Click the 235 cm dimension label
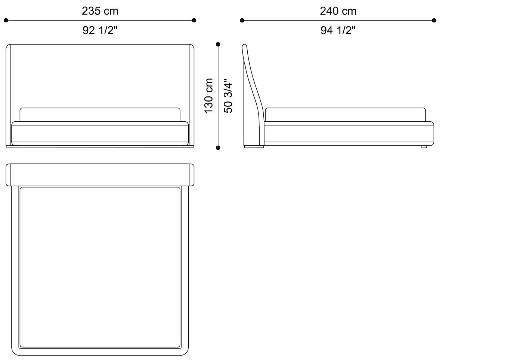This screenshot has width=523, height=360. (100, 11)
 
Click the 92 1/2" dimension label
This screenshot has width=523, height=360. (100, 30)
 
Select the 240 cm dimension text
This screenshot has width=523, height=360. (338, 11)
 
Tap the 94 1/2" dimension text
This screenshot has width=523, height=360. (338, 30)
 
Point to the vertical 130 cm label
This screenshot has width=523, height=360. (208, 96)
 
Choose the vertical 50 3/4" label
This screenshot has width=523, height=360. (228, 96)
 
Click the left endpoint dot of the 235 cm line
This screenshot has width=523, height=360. (6, 20)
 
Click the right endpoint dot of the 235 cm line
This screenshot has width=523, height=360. (194, 20)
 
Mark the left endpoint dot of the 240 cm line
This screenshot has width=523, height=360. (242, 20)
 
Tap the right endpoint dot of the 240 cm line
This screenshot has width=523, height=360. (434, 20)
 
